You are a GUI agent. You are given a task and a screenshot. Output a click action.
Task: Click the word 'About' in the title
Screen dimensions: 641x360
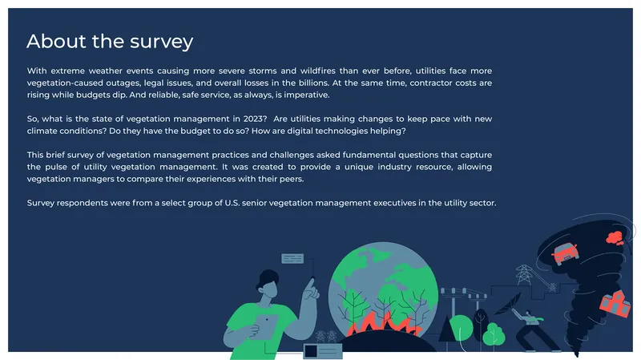[56, 41]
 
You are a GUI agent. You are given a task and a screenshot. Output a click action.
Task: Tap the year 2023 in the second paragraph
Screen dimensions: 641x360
[255, 119]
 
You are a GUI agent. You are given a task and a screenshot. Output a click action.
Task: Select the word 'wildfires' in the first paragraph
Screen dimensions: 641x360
[317, 71]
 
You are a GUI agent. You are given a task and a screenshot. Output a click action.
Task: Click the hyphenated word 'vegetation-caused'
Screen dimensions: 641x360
[65, 83]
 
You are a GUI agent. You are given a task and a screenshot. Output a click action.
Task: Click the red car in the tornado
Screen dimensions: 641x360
[565, 253]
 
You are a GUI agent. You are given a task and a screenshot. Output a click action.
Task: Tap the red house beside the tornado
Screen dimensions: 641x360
[615, 303]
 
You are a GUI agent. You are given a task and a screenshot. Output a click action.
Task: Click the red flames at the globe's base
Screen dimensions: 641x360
[385, 324]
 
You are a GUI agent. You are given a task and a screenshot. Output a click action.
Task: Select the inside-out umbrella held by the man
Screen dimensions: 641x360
[508, 304]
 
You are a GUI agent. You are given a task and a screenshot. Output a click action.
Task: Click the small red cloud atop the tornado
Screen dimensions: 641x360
[615, 237]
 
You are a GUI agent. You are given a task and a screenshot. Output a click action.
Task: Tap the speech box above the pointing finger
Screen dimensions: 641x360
[292, 258]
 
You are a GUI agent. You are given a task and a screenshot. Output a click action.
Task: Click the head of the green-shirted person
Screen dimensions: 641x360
[268, 285]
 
